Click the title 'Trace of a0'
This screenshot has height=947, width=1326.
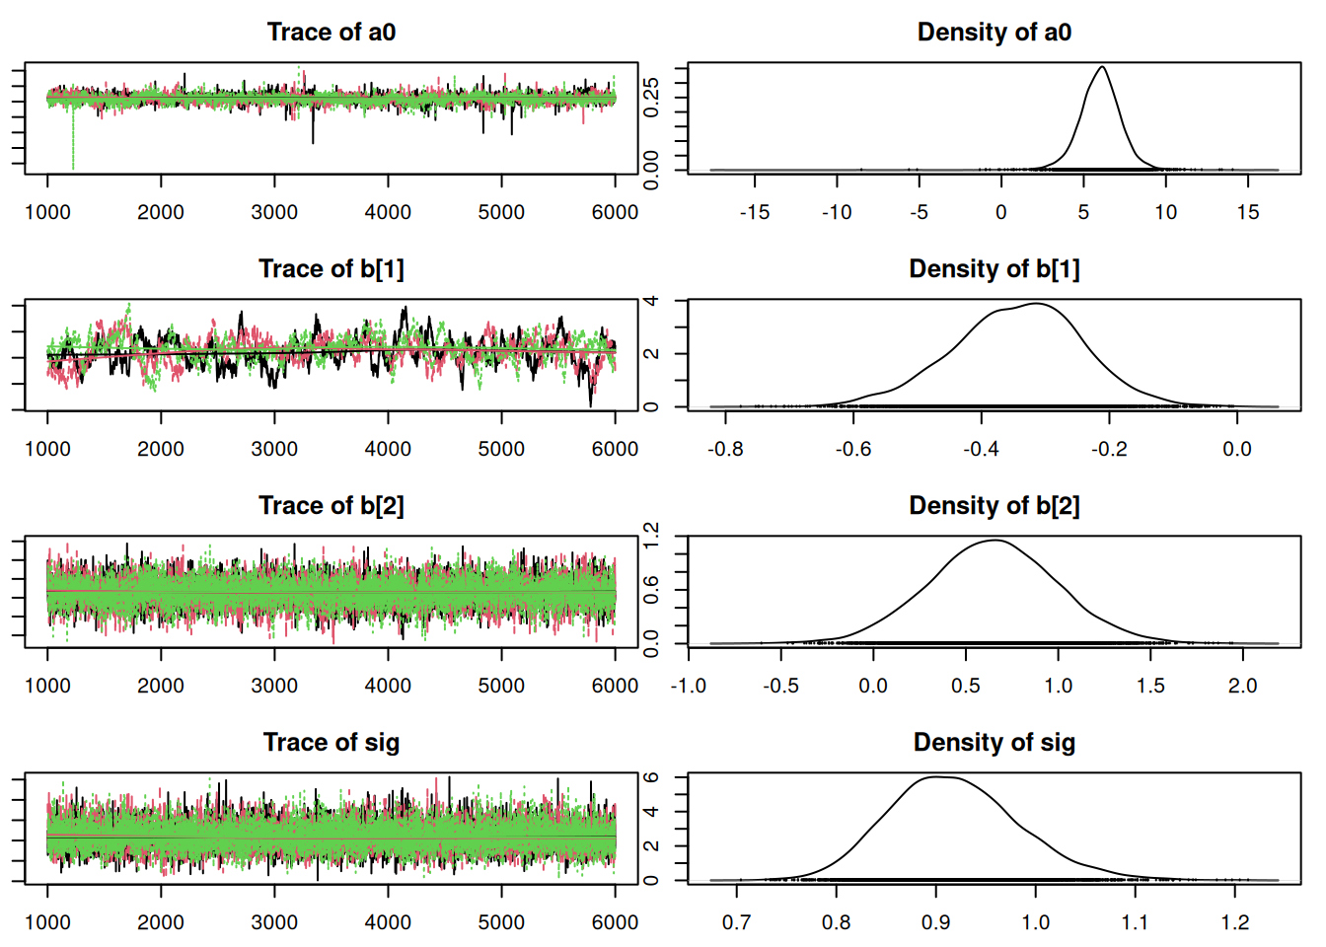(331, 33)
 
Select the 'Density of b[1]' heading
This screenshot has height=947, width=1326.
(994, 269)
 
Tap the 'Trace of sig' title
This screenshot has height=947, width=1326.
(331, 743)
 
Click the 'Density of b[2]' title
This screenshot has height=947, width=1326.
(994, 506)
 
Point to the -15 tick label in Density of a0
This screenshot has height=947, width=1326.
(754, 212)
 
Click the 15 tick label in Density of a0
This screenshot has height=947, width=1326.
(1248, 212)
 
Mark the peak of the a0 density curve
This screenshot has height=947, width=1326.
(1101, 67)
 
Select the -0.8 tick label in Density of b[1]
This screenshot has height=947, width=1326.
(725, 449)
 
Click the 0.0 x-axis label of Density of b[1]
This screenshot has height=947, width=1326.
(1236, 449)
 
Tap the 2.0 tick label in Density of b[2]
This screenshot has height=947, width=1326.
(1242, 686)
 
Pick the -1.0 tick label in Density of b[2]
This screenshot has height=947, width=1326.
(688, 686)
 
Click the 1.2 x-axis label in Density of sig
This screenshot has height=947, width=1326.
(1234, 922)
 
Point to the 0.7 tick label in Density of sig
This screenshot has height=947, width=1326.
(736, 922)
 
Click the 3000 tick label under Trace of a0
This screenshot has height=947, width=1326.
(274, 212)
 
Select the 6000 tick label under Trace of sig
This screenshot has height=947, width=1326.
(615, 922)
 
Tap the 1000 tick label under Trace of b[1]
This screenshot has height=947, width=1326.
(47, 449)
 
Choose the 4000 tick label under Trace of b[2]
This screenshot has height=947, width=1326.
(388, 686)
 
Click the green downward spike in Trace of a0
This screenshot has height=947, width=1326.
(73, 148)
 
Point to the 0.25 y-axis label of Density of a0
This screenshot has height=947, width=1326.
(651, 97)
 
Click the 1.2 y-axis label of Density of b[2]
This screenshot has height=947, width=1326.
(651, 537)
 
